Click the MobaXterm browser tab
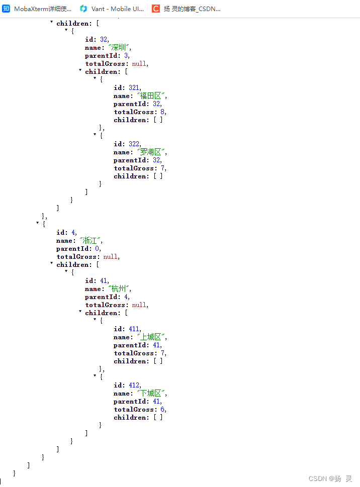(x=38, y=9)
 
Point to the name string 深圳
(x=120, y=48)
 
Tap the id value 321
(x=134, y=88)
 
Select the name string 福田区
(x=152, y=96)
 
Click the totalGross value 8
(x=163, y=112)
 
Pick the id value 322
(x=134, y=144)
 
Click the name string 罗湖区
(x=152, y=152)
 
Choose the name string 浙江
(x=91, y=241)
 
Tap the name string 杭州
(x=120, y=289)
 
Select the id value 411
(x=134, y=329)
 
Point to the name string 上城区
(x=152, y=337)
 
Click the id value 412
(x=134, y=385)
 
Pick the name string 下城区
(x=152, y=394)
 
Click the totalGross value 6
(x=163, y=410)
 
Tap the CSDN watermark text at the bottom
(x=330, y=478)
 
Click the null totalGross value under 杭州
(x=140, y=305)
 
